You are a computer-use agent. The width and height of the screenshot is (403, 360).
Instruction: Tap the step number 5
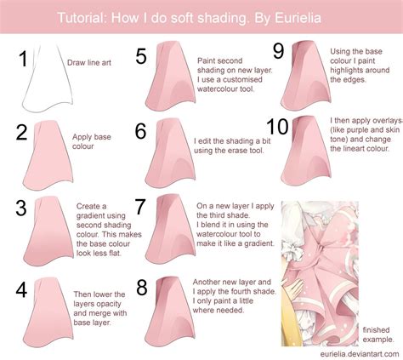[x=142, y=58]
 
